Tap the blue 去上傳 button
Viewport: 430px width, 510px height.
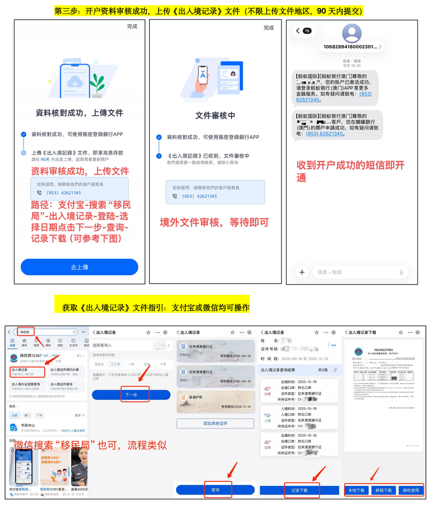[79, 267]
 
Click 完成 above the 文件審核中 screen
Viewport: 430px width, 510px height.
[269, 28]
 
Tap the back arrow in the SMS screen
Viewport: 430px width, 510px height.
[298, 31]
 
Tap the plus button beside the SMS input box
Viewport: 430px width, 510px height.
[302, 272]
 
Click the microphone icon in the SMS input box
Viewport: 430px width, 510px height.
[401, 272]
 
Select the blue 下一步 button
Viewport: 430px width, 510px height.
[131, 394]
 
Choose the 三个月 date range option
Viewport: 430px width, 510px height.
[115, 364]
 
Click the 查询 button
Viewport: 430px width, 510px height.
[215, 490]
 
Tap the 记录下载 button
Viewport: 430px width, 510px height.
[299, 490]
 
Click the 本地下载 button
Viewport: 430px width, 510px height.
[357, 490]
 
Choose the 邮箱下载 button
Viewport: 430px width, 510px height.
[384, 490]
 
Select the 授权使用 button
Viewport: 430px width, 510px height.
[410, 490]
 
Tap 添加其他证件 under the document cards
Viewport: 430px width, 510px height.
[215, 423]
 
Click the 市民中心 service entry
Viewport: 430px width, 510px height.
[28, 425]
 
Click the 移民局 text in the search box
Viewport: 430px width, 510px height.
[25, 332]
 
